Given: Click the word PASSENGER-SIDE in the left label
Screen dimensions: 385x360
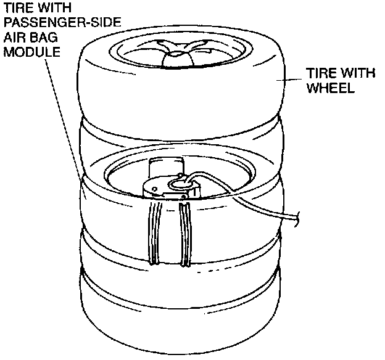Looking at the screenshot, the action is (x=62, y=24).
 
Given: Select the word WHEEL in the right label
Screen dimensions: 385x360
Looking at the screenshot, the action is (x=330, y=88).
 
